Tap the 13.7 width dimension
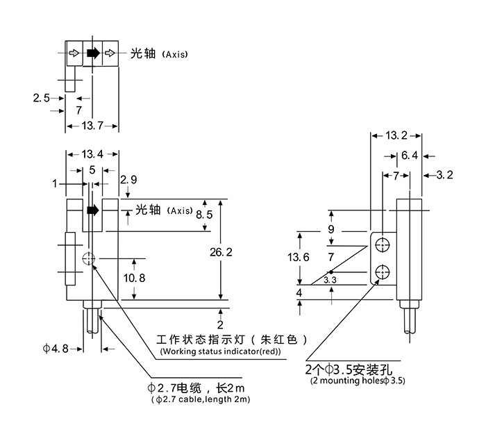(92, 126)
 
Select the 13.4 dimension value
(92, 154)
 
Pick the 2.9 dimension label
(128, 180)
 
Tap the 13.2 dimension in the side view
(396, 136)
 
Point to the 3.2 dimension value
(443, 175)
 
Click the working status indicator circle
(87, 259)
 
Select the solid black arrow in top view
(92, 53)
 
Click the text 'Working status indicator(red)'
(220, 352)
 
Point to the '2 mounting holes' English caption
(358, 381)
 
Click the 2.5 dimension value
(41, 98)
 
